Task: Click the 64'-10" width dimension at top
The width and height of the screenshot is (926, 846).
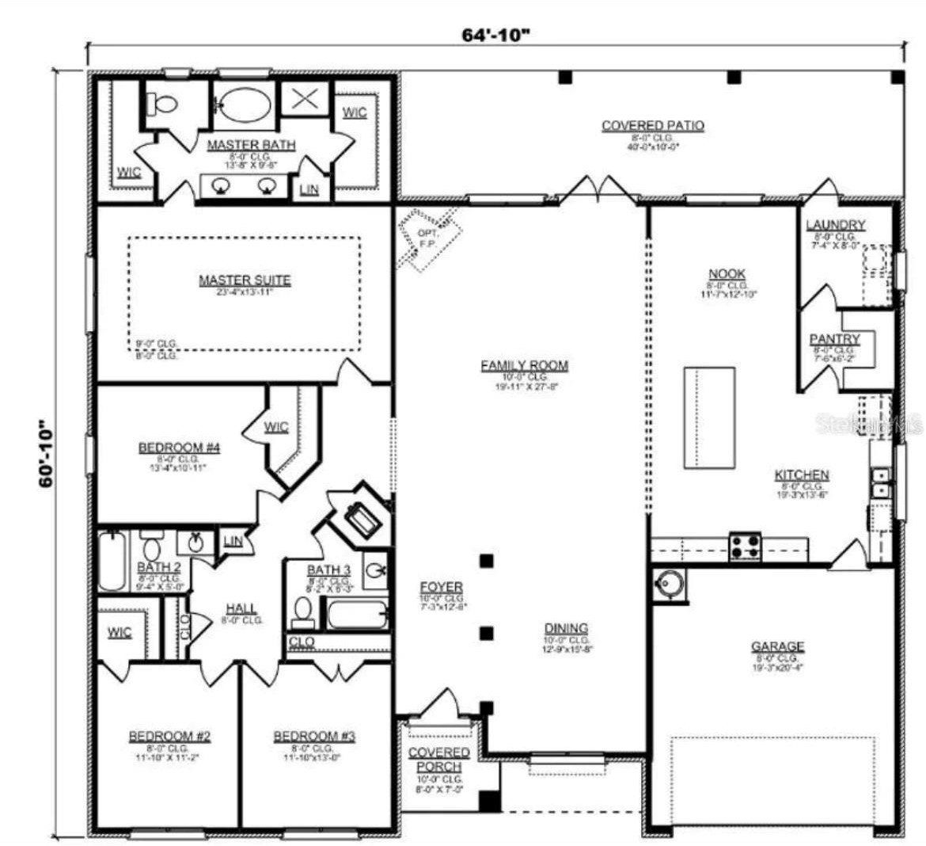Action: pos(495,36)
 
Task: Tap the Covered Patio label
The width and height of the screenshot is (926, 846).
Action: pos(652,125)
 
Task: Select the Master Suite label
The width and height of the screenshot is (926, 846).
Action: pos(244,280)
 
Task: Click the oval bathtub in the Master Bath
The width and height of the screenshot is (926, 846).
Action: pos(245,104)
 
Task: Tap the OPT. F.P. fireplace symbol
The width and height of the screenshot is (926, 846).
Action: pos(428,238)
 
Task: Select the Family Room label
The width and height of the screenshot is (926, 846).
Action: pos(524,365)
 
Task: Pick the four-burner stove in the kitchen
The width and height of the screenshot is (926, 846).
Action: pos(745,546)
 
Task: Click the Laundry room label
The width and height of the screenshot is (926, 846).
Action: pos(835,225)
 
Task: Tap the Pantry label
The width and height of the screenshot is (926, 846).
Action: pos(834,339)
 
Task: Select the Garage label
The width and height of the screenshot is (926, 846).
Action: pos(777,646)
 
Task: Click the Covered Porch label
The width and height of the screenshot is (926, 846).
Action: pos(438,759)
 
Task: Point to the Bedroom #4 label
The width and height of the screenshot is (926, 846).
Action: pos(179,448)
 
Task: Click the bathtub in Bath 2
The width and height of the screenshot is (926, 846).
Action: pos(112,561)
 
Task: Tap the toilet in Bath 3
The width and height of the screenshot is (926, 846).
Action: pos(302,611)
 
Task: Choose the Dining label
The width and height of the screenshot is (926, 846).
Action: pos(566,628)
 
